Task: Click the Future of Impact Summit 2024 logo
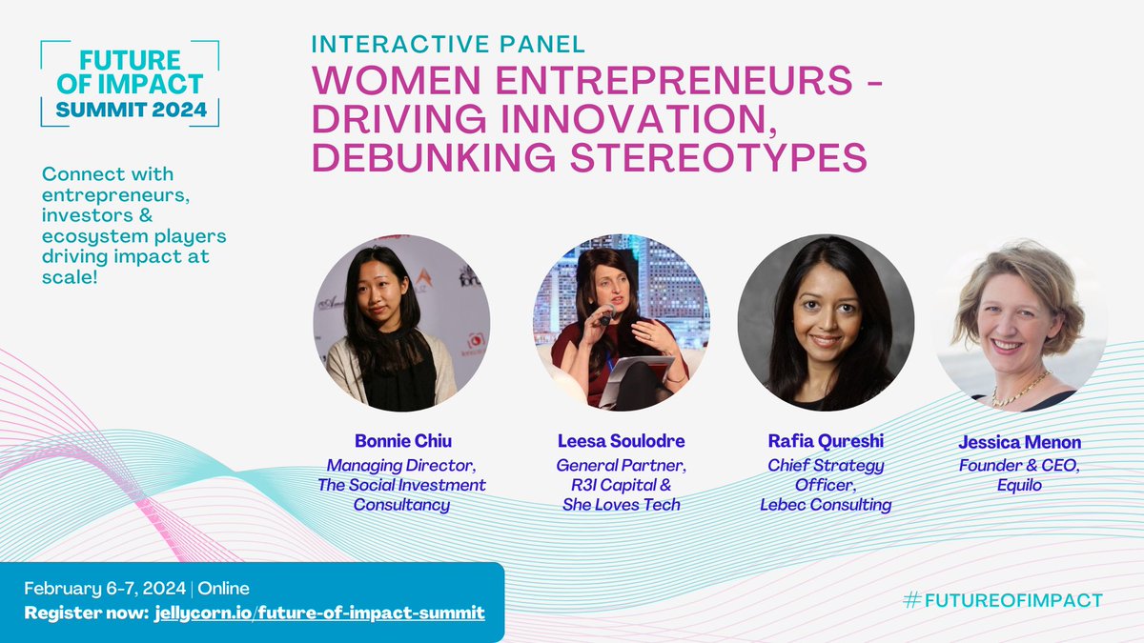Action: coord(130,84)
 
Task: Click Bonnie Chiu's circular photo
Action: coord(401,322)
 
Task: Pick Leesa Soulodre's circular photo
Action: coord(621,322)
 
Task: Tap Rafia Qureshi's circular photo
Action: coord(826,322)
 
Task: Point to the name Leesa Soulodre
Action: coord(621,442)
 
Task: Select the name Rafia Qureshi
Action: coord(826,442)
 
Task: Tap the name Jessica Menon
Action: coord(1019,443)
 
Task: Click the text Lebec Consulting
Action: coord(826,505)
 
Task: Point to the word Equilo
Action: coord(1019,485)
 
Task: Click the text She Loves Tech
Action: coord(621,505)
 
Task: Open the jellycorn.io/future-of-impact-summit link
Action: coord(317,612)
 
